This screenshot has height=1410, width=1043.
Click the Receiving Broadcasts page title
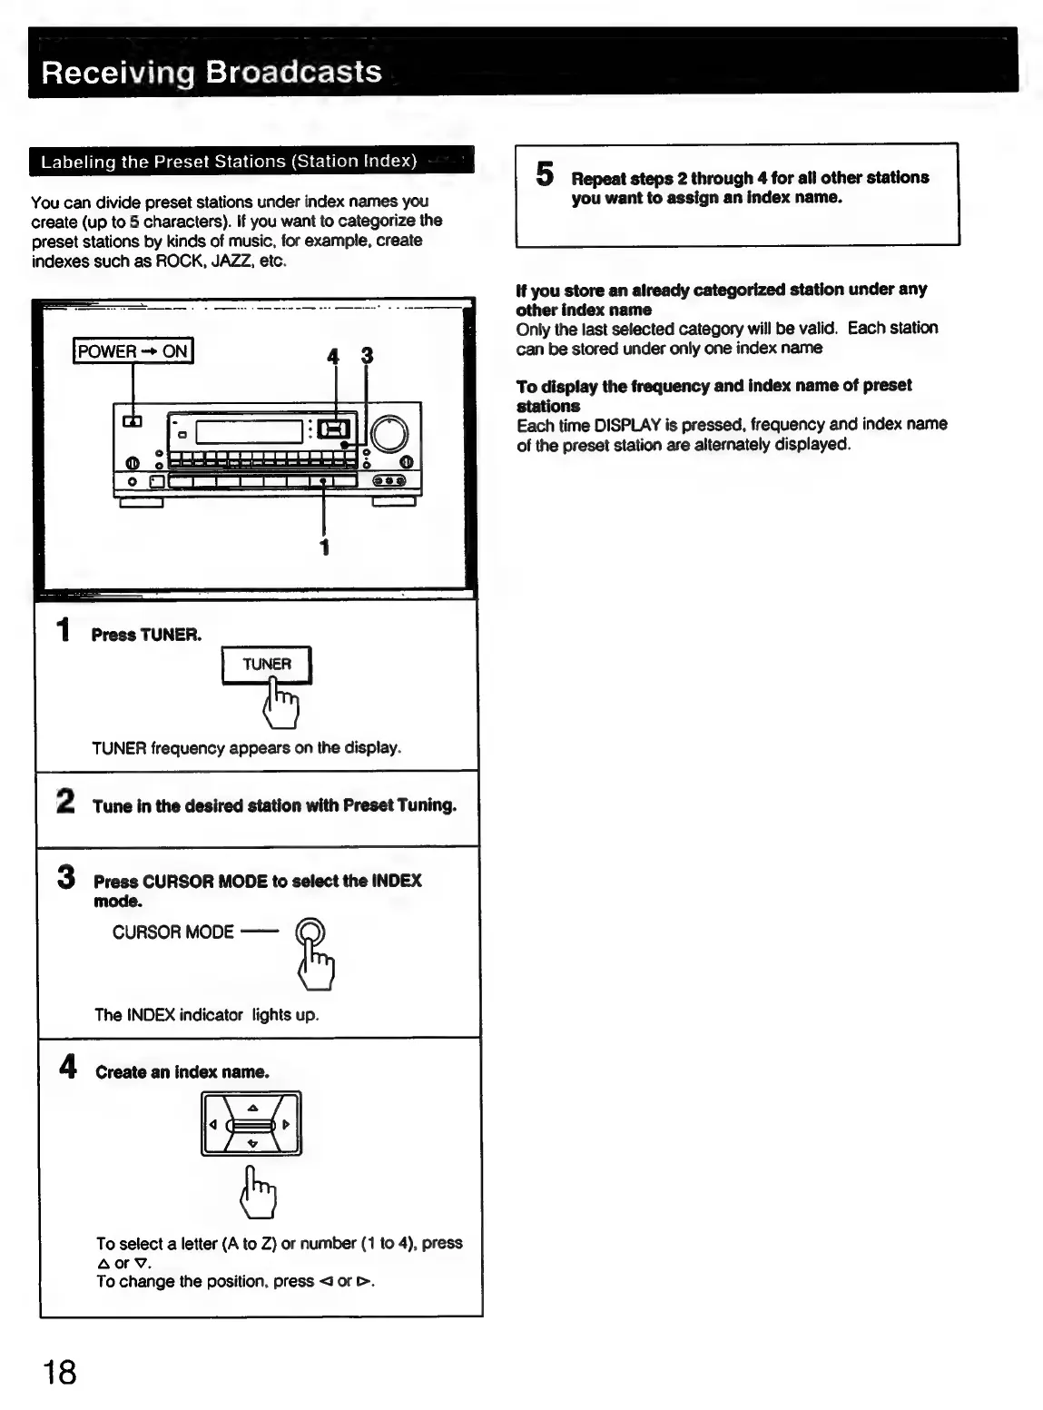click(212, 72)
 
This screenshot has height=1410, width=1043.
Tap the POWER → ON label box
click(133, 351)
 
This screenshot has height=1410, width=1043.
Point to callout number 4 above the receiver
click(334, 357)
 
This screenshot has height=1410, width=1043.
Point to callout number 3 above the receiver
click(367, 356)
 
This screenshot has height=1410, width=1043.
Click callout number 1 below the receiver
click(324, 547)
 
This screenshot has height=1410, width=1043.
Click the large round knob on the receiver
click(389, 434)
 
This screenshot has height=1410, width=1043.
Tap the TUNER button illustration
click(267, 665)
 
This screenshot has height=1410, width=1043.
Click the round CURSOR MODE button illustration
click(310, 932)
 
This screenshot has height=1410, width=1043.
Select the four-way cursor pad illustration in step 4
click(251, 1124)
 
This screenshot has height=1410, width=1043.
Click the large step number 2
click(65, 802)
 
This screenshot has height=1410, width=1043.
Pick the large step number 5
click(545, 174)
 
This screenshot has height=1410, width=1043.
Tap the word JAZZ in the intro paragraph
click(225, 261)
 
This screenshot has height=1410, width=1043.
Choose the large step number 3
click(66, 877)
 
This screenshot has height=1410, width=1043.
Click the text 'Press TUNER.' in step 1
click(146, 635)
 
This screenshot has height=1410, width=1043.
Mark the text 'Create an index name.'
click(182, 1072)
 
